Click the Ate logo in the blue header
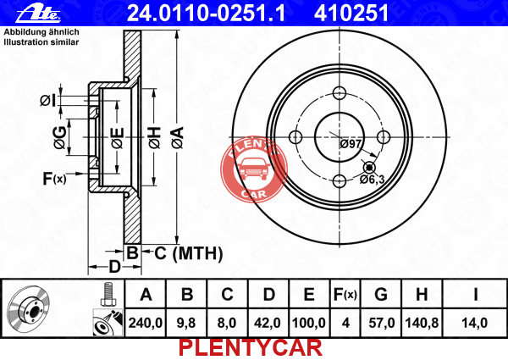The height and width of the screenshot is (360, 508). point(38,14)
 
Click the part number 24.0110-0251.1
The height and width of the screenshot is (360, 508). point(206,14)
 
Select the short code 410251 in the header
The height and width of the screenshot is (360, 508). point(351,14)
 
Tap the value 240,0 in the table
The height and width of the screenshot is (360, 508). point(146,323)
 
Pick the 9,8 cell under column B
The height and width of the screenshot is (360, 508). point(186,323)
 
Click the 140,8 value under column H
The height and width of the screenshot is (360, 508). point(422,323)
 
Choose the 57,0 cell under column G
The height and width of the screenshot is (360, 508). point(381,323)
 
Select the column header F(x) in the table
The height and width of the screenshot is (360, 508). point(345,294)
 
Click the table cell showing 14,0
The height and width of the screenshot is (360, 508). point(475,323)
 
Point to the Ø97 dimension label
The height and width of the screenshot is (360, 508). point(351,143)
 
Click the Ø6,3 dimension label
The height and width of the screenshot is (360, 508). point(372,179)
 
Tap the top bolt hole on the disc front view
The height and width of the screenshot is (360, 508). point(340,93)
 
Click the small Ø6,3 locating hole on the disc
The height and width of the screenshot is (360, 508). point(369,168)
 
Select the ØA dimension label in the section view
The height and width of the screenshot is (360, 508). point(178,138)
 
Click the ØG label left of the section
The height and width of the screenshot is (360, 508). point(60,138)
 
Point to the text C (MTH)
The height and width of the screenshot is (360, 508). point(189,253)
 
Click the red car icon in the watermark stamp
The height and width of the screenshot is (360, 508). point(254,169)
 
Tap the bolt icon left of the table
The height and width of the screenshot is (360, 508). point(108,294)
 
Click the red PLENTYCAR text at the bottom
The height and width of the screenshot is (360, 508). point(251,348)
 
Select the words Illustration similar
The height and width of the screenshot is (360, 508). point(41,42)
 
